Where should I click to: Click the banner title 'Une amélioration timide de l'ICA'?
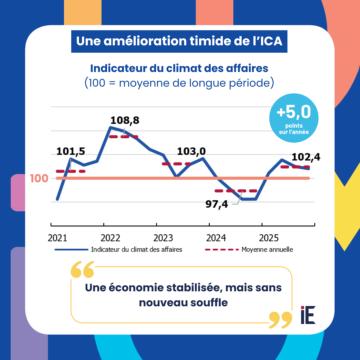179,41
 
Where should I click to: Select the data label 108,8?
125,120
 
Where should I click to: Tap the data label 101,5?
71,151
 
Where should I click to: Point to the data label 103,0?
191,151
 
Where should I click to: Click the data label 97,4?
217,204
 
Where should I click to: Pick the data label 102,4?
306,157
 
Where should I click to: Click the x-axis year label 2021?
57,238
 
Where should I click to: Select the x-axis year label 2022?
110,238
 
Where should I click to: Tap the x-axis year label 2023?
163,238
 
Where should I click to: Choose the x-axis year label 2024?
216,238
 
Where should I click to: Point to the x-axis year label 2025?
269,238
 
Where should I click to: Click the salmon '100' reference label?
39,178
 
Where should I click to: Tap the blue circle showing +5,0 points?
294,118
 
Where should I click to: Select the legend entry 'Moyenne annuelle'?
267,249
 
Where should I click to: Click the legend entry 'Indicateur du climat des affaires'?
137,249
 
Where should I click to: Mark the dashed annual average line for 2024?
236,191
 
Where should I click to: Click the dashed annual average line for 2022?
123,137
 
